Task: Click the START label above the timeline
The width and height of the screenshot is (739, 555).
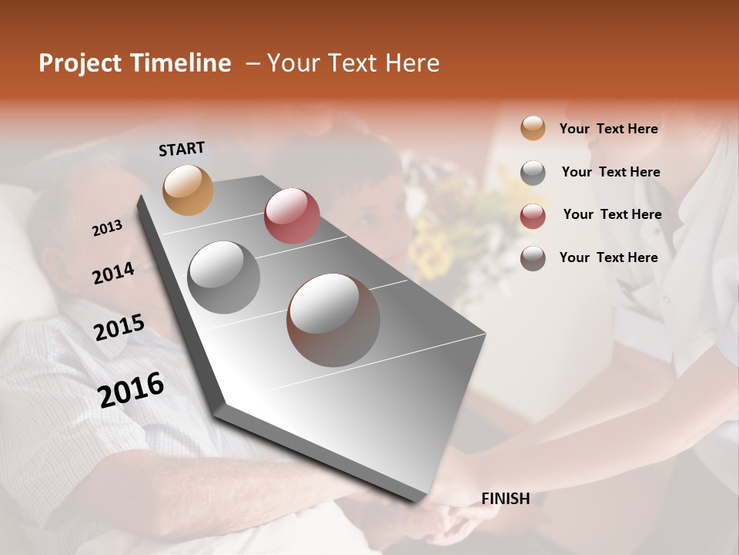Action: pos(182,149)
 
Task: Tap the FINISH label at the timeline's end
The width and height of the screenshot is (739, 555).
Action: pos(505,499)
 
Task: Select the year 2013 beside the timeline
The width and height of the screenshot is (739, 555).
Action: pos(108,228)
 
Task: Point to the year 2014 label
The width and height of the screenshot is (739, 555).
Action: pos(113,273)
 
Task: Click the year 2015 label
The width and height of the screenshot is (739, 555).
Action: pos(119,328)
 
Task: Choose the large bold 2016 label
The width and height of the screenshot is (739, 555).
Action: pos(131,389)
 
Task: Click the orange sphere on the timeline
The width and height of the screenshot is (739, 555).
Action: pos(188,190)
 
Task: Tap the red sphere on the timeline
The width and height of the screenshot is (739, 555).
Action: pos(292,216)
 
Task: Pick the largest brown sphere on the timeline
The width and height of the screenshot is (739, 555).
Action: pos(333,320)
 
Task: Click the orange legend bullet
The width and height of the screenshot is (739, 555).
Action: pos(533,129)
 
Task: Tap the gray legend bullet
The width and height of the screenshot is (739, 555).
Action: pos(533,173)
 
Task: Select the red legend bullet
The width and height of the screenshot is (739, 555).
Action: pos(533,216)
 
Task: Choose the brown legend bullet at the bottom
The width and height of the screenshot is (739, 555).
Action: pos(533,258)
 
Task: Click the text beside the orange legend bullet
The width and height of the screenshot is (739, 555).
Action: pos(608,129)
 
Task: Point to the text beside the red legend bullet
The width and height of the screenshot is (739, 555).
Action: pos(612,214)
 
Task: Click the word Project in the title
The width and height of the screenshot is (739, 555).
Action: pos(81,63)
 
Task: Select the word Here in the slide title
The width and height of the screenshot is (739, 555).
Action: pos(412,63)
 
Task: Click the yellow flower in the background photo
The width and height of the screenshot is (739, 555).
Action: pos(431,251)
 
